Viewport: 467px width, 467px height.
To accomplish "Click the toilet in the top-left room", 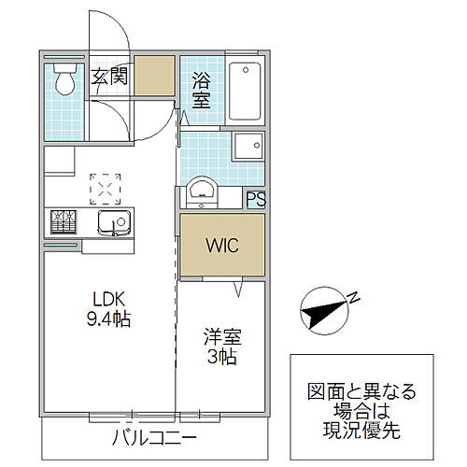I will click(64, 81).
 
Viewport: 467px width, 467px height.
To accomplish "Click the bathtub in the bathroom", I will click(245, 90).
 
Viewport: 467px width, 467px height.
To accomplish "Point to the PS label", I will click(255, 198).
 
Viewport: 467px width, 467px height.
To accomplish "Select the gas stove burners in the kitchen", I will click(64, 222).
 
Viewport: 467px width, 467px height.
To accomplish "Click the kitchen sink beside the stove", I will click(114, 224).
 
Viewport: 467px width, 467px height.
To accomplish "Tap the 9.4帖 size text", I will click(110, 319).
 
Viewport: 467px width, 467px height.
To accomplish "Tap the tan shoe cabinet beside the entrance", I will click(154, 75).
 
